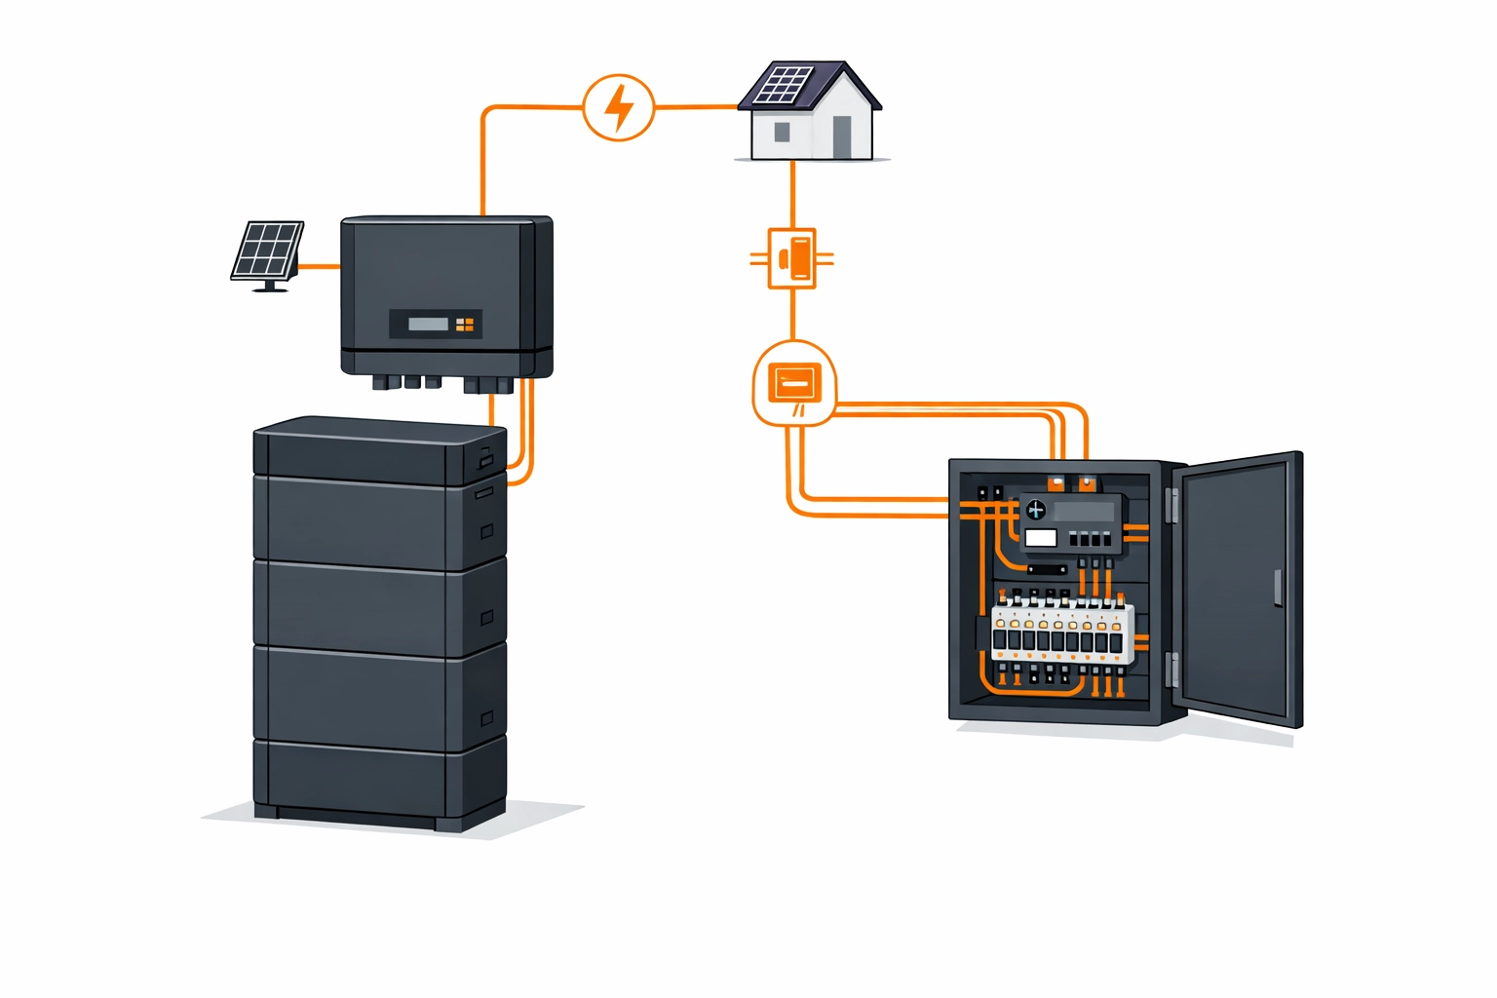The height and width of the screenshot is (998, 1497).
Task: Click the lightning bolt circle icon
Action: tap(618, 107)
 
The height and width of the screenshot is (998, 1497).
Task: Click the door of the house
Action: tap(842, 137)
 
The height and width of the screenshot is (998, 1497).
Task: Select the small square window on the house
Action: tap(782, 132)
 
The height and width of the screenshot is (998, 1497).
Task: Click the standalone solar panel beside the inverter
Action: tap(267, 251)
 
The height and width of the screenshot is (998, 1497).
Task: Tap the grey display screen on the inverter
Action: tap(428, 324)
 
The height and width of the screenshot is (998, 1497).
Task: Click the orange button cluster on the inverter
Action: tap(465, 324)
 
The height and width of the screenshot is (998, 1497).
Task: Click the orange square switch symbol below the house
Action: tap(792, 258)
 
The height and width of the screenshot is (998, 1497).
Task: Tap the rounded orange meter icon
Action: tap(794, 383)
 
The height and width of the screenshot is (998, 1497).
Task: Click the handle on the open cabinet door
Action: tap(1278, 588)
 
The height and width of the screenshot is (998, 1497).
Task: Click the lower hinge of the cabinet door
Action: tap(1173, 670)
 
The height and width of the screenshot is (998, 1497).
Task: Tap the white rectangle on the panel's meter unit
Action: tap(1041, 538)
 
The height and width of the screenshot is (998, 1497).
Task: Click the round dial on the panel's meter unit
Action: tap(1035, 510)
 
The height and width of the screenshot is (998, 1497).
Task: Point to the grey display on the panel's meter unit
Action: tap(1084, 511)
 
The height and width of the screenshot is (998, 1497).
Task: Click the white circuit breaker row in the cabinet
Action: tap(1062, 633)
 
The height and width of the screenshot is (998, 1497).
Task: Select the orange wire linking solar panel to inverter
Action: tap(319, 265)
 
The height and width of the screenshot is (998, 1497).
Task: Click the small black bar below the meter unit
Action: tap(1047, 569)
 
